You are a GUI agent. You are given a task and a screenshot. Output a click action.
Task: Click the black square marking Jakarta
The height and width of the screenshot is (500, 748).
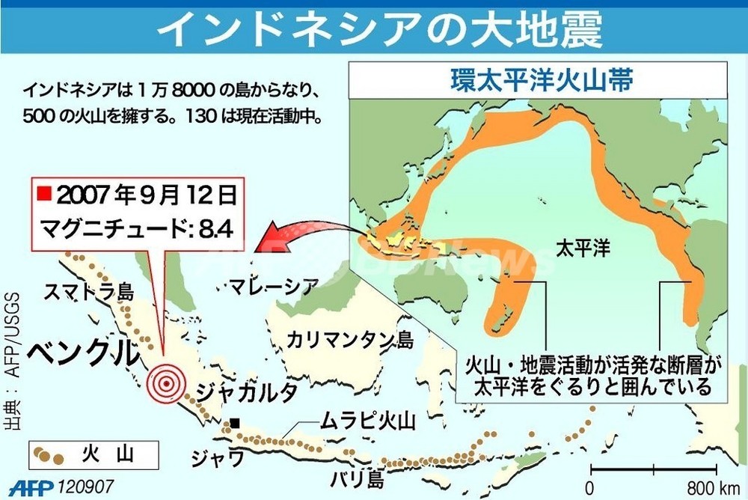point(235,423)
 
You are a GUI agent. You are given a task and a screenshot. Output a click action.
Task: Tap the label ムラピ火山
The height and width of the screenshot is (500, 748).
point(367,421)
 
